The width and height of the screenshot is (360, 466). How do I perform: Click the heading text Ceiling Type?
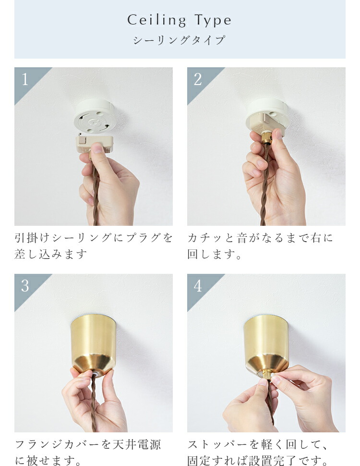(x=179, y=20)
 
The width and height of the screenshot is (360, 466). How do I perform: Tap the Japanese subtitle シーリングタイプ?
(x=179, y=40)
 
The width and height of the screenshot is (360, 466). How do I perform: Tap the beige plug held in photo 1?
(x=94, y=145)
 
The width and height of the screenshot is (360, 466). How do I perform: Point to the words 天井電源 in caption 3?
(x=137, y=444)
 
